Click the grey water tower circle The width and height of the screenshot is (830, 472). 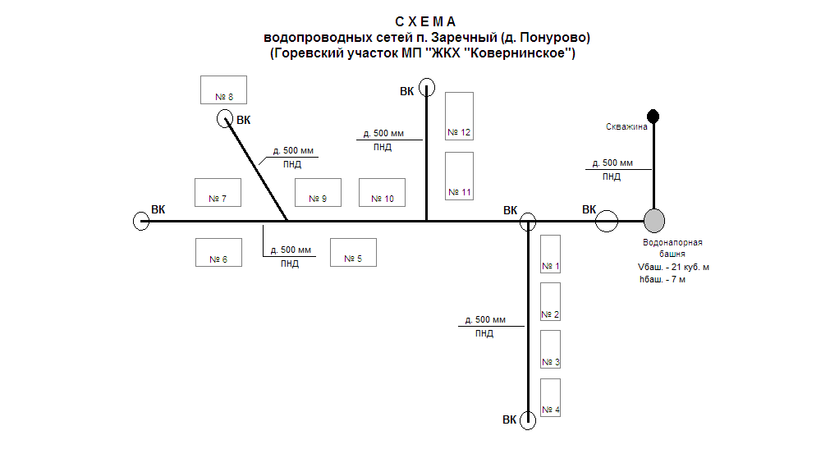click(653, 220)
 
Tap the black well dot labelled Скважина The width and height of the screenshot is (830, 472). click(653, 115)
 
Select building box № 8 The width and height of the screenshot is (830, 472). click(223, 89)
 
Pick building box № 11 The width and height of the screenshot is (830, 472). click(459, 175)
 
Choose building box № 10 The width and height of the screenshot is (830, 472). click(383, 192)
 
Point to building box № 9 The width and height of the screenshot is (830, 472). click(318, 192)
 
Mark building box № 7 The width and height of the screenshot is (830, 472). click(217, 192)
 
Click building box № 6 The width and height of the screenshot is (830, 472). click(218, 252)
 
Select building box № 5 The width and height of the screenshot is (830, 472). click(353, 252)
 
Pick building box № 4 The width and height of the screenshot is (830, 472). click(551, 398)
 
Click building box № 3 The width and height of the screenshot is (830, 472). click(551, 351)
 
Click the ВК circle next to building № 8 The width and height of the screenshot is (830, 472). click(225, 120)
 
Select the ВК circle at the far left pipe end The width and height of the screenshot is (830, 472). click(140, 221)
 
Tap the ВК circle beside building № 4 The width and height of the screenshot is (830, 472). click(527, 421)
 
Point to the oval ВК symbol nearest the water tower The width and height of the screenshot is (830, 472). click(607, 221)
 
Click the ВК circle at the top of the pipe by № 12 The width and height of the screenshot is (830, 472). click(426, 86)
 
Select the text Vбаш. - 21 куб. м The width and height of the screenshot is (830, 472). click(673, 267)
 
